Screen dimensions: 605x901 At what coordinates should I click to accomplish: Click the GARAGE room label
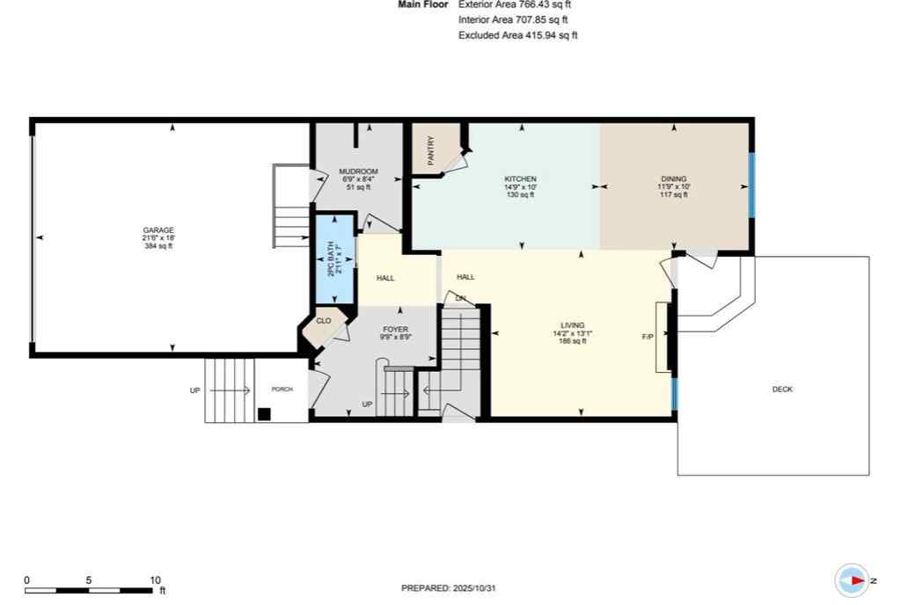coord(158,230)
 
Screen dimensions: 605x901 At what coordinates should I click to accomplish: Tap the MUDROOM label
coord(359,171)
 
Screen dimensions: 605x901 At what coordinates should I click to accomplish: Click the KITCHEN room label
coord(520,179)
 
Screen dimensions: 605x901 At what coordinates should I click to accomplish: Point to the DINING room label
coord(674,179)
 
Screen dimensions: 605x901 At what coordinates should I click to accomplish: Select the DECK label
coord(781,389)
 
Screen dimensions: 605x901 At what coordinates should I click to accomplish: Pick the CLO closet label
coord(324,321)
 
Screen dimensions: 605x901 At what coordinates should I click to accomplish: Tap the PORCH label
coord(282,390)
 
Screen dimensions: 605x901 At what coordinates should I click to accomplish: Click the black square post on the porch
coord(263,414)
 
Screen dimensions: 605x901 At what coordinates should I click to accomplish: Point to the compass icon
coord(852,580)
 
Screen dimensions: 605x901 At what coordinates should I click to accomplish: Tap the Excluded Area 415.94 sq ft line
coord(517,35)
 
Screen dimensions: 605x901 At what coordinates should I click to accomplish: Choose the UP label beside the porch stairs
coord(194,390)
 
